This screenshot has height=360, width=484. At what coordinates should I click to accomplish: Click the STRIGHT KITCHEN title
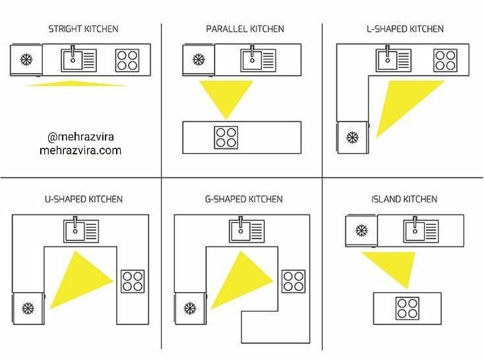click(x=83, y=29)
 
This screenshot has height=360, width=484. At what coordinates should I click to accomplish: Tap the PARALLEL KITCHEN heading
click(x=245, y=29)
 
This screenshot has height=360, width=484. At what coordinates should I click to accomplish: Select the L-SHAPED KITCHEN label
click(x=405, y=29)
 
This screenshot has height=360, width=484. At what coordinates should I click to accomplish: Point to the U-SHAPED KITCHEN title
click(x=83, y=199)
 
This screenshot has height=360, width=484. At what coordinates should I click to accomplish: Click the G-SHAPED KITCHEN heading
click(x=245, y=199)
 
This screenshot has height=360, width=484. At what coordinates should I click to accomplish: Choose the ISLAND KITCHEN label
click(x=405, y=199)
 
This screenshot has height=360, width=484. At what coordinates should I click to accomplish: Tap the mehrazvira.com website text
click(x=80, y=150)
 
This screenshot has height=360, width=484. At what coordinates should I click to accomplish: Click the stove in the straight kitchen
click(x=127, y=60)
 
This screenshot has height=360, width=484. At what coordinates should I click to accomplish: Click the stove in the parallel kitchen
click(x=226, y=137)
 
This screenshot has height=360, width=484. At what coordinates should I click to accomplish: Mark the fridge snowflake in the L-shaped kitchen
click(x=352, y=138)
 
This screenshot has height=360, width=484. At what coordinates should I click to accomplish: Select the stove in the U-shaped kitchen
click(x=133, y=281)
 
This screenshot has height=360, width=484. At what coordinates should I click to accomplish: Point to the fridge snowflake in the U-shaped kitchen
click(x=28, y=307)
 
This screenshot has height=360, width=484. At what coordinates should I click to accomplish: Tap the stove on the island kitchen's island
click(x=407, y=308)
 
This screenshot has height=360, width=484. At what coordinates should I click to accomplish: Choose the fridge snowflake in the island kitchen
click(x=361, y=231)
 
